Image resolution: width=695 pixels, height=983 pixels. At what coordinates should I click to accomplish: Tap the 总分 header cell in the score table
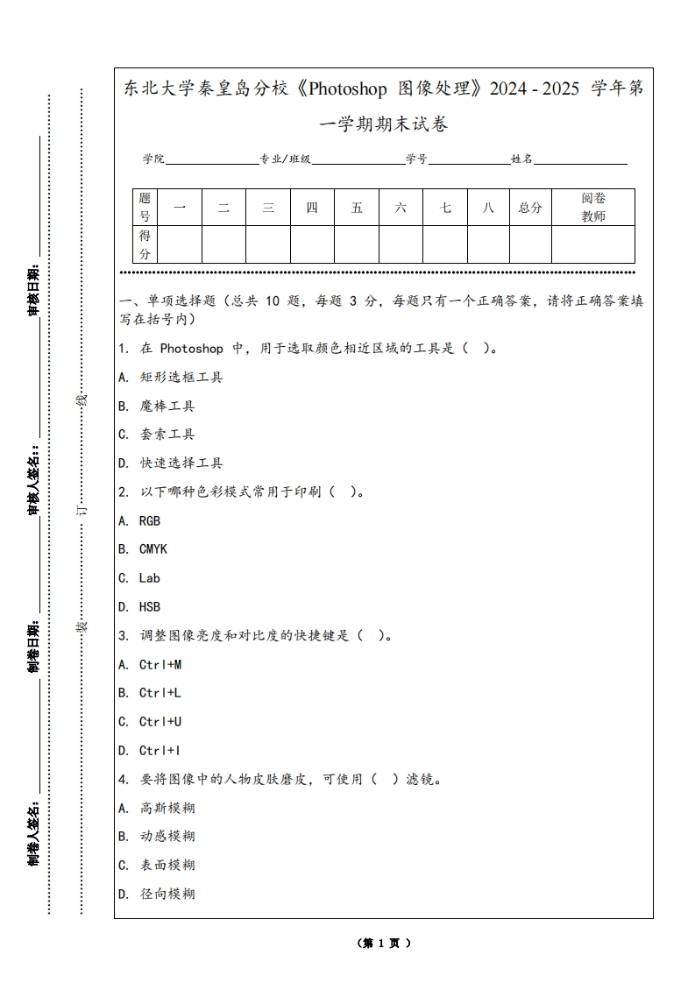pyautogui.click(x=530, y=208)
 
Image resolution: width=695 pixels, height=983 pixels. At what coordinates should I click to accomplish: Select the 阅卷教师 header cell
pyautogui.click(x=593, y=208)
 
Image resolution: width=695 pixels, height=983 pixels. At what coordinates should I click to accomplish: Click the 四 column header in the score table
pyautogui.click(x=312, y=208)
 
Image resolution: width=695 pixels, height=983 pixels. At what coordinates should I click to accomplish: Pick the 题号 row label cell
pyautogui.click(x=145, y=208)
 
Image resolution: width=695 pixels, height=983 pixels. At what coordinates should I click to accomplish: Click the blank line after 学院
pyautogui.click(x=211, y=159)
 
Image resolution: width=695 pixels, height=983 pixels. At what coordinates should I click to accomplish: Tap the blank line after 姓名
pyautogui.click(x=580, y=159)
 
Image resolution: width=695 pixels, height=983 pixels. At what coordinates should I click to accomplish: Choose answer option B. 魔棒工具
pyautogui.click(x=157, y=406)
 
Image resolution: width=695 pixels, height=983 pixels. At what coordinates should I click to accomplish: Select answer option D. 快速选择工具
pyautogui.click(x=171, y=463)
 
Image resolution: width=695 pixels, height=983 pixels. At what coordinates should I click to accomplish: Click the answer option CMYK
pyautogui.click(x=152, y=549)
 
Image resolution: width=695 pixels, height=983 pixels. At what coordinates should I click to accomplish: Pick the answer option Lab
pyautogui.click(x=149, y=578)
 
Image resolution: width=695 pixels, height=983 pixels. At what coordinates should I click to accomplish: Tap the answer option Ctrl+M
pyautogui.click(x=160, y=664)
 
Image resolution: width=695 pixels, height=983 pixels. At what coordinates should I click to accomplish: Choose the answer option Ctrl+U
pyautogui.click(x=160, y=722)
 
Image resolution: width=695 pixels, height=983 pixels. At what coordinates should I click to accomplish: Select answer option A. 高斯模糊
pyautogui.click(x=157, y=808)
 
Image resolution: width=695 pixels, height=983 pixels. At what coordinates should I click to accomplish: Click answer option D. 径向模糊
pyautogui.click(x=157, y=894)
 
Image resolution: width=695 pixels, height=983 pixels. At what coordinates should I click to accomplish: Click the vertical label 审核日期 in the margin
pyautogui.click(x=34, y=289)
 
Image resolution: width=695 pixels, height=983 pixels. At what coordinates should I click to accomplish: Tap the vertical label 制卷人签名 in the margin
pyautogui.click(x=34, y=832)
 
